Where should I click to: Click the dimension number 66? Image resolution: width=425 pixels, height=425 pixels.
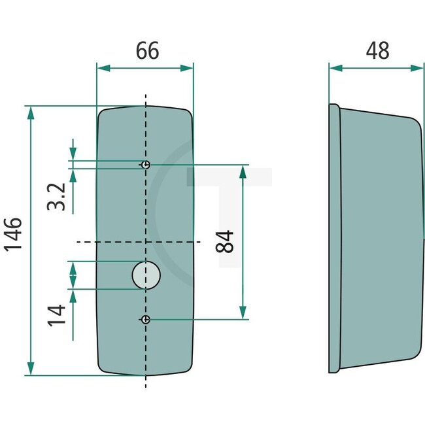click(x=147, y=50)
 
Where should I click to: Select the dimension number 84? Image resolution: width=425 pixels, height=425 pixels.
click(x=225, y=242)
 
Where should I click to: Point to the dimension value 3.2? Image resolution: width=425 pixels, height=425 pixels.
click(x=57, y=196)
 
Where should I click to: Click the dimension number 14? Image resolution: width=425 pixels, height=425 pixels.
click(x=57, y=314)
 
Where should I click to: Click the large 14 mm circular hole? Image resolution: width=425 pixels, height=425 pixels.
click(x=146, y=275)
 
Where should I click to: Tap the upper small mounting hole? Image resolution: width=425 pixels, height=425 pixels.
click(x=146, y=165)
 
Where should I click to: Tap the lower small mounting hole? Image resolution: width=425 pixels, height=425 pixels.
click(x=146, y=319)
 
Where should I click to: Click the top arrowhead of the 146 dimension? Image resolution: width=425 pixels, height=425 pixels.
click(x=30, y=112)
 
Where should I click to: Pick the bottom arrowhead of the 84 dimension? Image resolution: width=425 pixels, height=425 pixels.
click(x=243, y=312)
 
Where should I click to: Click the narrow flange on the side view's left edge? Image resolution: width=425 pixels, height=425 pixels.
click(x=333, y=239)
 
